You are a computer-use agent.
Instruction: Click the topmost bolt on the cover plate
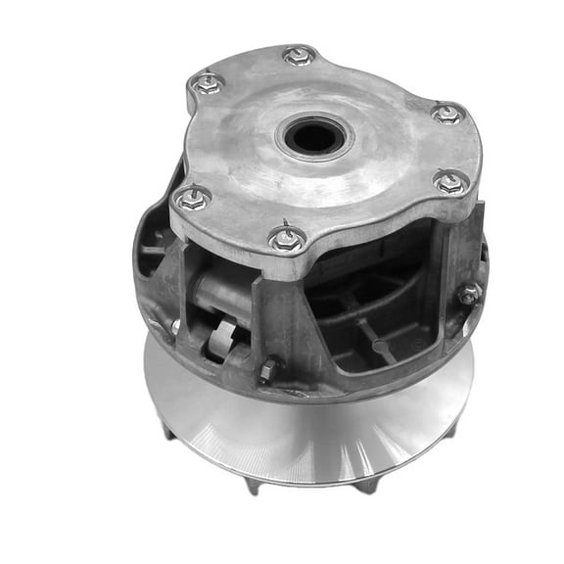point(299,56)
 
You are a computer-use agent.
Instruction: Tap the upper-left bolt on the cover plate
point(207,84)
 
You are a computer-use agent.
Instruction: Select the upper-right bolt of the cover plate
point(446,114)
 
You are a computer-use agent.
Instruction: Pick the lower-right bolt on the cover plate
point(450,182)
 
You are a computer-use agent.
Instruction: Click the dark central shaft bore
point(316,138)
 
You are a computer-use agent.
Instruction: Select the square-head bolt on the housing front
point(267,369)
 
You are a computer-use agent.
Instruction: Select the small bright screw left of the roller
point(175,326)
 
